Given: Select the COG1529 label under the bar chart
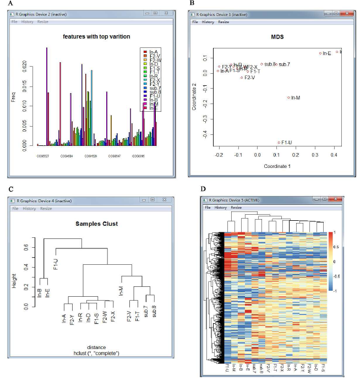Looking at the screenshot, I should coord(90,156).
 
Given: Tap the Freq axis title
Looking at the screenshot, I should coord(14,98).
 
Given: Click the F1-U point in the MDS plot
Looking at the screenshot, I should coord(279,143).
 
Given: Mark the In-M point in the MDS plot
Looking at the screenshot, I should coord(288,97).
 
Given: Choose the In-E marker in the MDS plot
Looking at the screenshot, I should coord(320,53).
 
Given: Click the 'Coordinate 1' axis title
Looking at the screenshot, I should coord(279,166).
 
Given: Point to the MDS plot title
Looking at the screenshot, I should coord(277,37).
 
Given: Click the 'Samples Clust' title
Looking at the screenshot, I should coord(97,224).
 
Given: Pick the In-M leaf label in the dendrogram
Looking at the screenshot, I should coord(121,291).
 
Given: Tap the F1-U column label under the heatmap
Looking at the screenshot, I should coord(227,367).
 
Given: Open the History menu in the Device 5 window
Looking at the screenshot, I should coord(221,207).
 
